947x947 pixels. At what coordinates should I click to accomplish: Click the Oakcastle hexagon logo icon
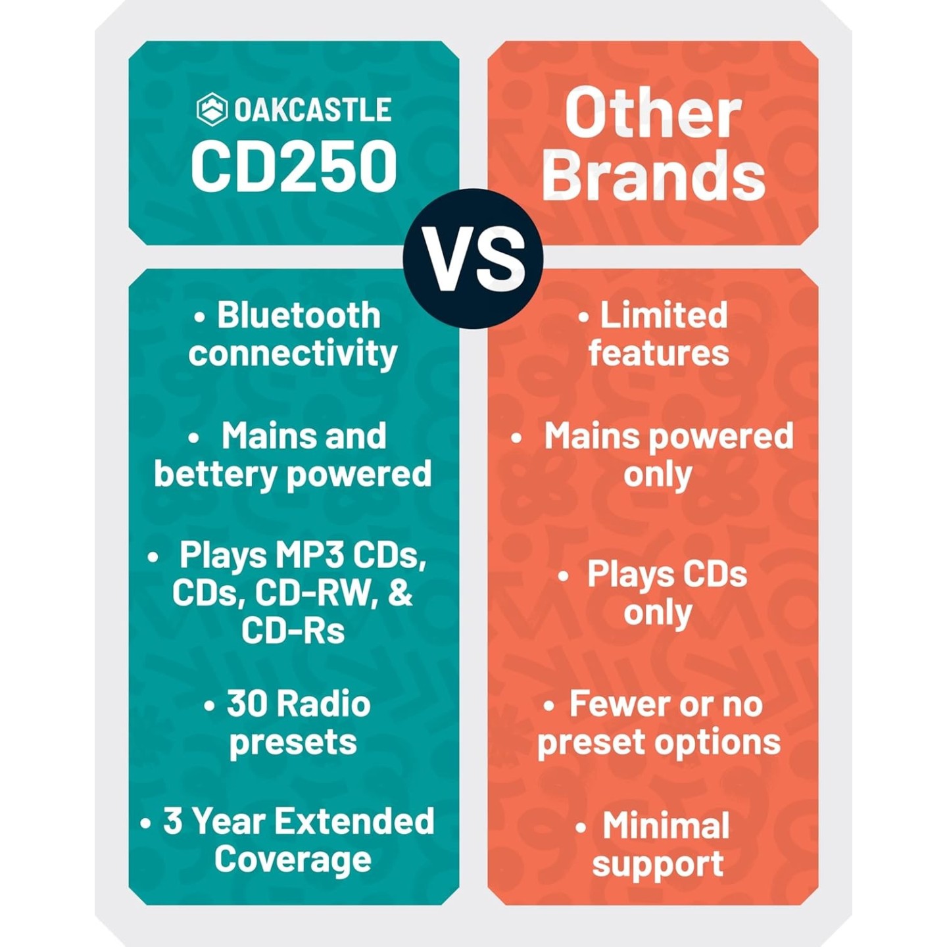[x=212, y=109]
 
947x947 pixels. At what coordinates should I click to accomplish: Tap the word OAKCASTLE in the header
[x=312, y=110]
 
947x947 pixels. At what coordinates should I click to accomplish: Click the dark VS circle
[x=473, y=259]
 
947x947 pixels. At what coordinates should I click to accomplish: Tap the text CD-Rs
[x=293, y=632]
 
